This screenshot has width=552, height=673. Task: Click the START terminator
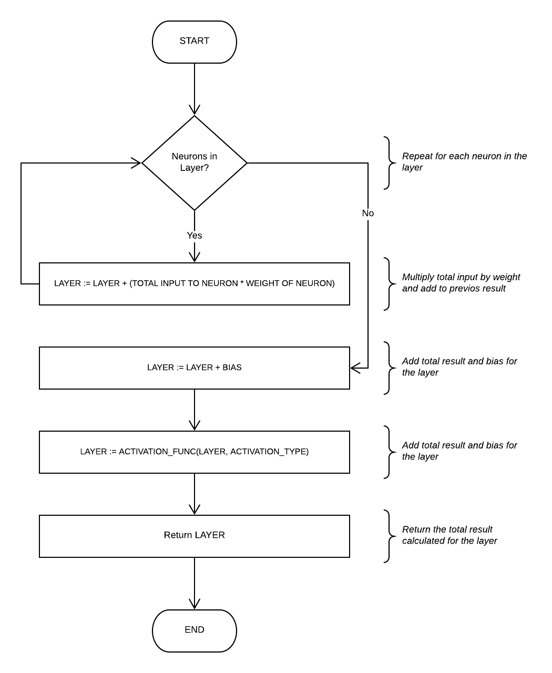(194, 42)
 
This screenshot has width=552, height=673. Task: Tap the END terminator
(194, 630)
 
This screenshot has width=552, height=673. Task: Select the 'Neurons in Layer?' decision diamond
(194, 162)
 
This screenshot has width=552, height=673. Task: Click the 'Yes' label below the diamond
(194, 236)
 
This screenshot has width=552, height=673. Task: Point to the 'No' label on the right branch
(367, 213)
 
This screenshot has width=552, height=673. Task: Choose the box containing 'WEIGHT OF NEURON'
(194, 283)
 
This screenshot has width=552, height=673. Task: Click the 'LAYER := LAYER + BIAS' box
(194, 368)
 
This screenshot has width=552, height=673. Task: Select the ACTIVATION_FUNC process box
(194, 452)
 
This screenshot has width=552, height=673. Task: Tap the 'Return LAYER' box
(194, 536)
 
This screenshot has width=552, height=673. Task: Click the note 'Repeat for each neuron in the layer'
(464, 162)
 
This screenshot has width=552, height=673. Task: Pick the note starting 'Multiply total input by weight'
(461, 283)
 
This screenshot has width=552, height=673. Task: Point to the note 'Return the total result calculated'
(449, 535)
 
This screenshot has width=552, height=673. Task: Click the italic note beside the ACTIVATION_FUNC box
(459, 451)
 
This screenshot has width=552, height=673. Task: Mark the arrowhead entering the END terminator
(194, 604)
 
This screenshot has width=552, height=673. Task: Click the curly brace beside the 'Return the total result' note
(389, 536)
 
